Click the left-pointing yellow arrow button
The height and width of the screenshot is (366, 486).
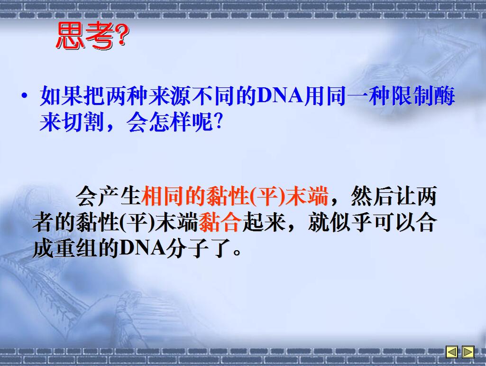(452, 352)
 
